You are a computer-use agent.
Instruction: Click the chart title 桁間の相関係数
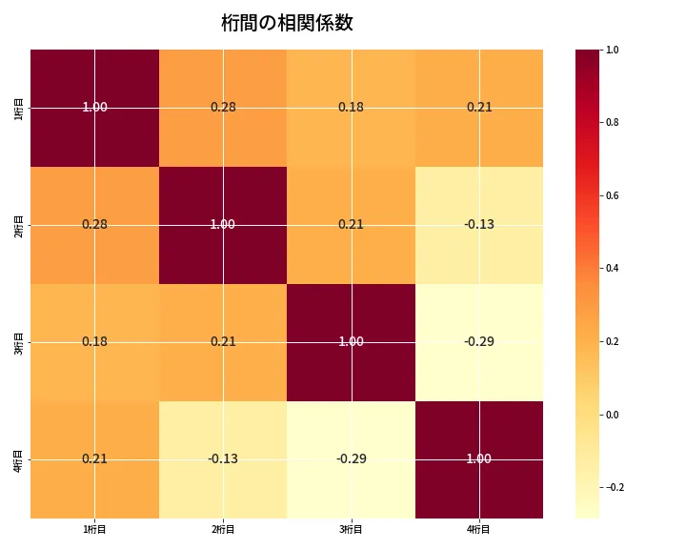coord(287,23)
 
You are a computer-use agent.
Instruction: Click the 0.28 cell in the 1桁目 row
coord(223,107)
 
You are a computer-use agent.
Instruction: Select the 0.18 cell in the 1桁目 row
coord(351,107)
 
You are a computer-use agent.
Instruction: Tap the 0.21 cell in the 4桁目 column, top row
coord(479,107)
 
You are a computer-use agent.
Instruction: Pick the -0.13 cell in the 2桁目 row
coord(479,224)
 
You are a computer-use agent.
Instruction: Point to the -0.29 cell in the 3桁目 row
coord(479,341)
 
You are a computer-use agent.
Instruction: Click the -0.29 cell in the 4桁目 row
coord(351,458)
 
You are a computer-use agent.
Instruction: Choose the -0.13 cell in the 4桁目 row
coord(223,458)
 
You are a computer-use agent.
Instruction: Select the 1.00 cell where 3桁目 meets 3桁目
coord(351,341)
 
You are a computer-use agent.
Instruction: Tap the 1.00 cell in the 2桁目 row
coord(223,224)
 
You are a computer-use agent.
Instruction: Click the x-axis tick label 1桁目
coord(94,529)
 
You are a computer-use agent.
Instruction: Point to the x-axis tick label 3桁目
coord(351,529)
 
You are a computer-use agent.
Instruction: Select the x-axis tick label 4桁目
coord(479,529)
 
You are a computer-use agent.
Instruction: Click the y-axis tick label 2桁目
coord(19,224)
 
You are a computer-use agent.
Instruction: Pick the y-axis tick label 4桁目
coord(19,458)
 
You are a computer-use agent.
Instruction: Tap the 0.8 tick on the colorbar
coord(613,122)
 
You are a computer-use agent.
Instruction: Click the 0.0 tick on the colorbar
coord(613,415)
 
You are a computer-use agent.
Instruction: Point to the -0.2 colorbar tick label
coord(615,487)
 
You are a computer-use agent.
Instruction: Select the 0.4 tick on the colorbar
coord(613,268)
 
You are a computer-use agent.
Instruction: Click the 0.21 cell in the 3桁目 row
coord(223,341)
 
